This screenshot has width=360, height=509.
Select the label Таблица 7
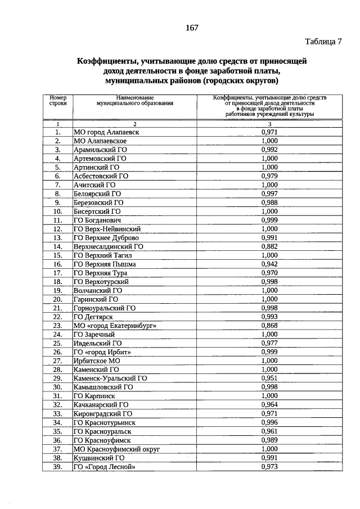click(x=323, y=42)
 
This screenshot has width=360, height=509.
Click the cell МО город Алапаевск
click(x=106, y=132)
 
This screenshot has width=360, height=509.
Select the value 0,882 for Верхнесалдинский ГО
click(x=269, y=246)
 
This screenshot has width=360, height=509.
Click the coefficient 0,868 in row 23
click(x=269, y=325)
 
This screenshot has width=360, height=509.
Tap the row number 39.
click(x=57, y=466)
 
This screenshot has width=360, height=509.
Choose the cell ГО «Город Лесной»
click(x=105, y=466)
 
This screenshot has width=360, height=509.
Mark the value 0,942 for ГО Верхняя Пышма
click(x=269, y=263)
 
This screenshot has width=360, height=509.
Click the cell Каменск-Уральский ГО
click(x=110, y=378)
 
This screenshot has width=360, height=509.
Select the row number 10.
click(x=57, y=211)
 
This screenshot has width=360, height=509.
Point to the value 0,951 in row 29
click(x=269, y=378)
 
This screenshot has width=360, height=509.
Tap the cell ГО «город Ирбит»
click(x=102, y=352)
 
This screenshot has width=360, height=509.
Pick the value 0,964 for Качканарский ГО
click(x=269, y=404)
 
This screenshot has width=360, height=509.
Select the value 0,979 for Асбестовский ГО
click(x=269, y=175)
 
